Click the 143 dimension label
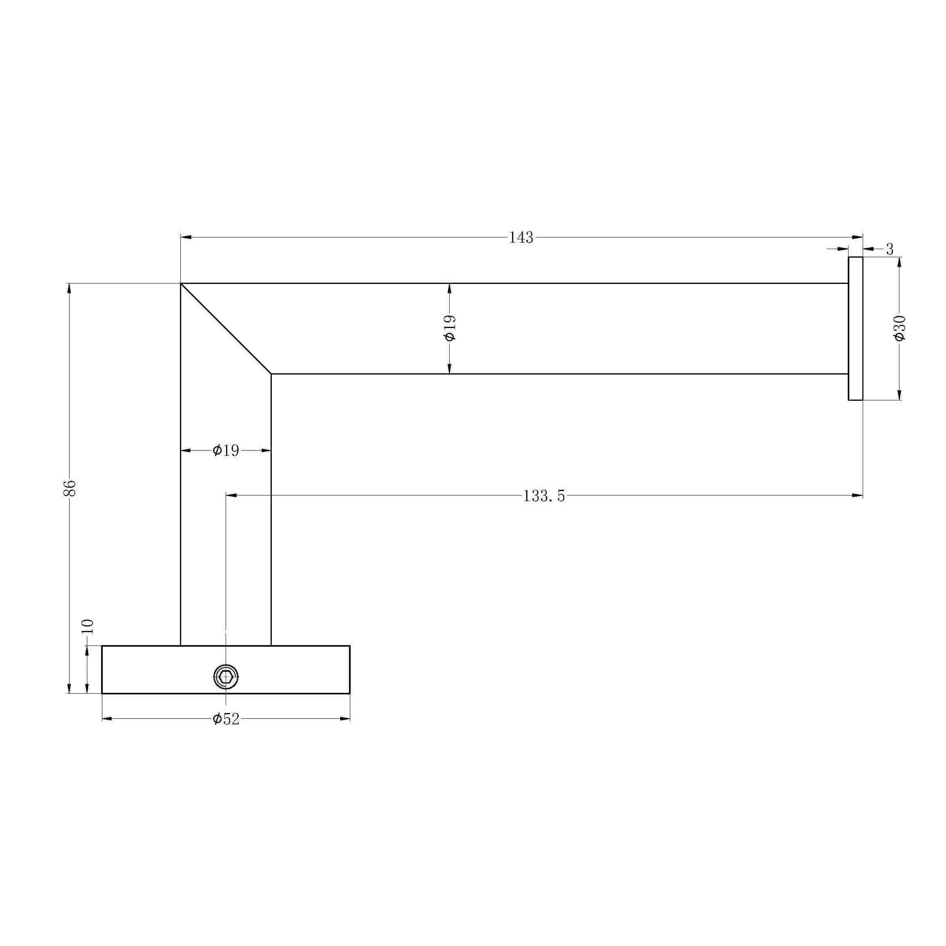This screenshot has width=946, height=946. click(x=521, y=237)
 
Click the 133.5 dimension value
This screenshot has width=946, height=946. click(x=544, y=496)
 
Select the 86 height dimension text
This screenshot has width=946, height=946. click(x=70, y=488)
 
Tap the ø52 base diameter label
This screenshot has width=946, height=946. click(x=226, y=719)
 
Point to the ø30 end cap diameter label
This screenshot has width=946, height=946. click(x=899, y=328)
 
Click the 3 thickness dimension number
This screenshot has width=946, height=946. click(x=890, y=249)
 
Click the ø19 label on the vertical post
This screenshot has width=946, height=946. click(x=226, y=451)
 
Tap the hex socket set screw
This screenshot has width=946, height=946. click(x=226, y=677)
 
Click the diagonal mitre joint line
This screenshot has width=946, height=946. click(x=226, y=328)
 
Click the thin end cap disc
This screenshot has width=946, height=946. click(x=855, y=328)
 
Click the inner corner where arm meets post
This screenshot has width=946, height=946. click(x=271, y=374)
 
